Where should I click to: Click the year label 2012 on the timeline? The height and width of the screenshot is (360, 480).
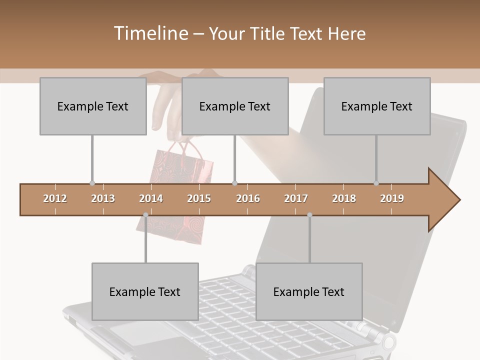pos(55,198)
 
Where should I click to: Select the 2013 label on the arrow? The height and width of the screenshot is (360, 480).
pos(103,198)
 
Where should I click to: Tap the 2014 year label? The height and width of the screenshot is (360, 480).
pos(151,198)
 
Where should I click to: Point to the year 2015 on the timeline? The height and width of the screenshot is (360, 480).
pos(199,198)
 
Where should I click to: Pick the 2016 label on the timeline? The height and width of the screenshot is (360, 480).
pos(248,198)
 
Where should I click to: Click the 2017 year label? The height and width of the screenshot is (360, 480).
pos(296,198)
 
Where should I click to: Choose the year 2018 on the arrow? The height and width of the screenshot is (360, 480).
pos(344,198)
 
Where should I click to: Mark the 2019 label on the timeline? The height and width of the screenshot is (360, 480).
pos(392,198)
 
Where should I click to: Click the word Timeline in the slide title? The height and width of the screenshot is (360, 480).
pos(149,33)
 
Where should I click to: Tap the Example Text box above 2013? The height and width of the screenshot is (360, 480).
pos(93,106)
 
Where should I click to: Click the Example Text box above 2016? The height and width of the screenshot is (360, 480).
pos(235,106)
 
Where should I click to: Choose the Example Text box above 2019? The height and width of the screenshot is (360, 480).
pos(377,106)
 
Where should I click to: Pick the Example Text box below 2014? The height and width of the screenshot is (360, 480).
pos(145,291)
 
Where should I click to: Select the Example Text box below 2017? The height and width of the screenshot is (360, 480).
pos(309,291)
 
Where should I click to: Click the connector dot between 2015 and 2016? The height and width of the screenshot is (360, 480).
pos(235,183)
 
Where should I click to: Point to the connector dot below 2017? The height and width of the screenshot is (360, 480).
pos(309,215)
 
